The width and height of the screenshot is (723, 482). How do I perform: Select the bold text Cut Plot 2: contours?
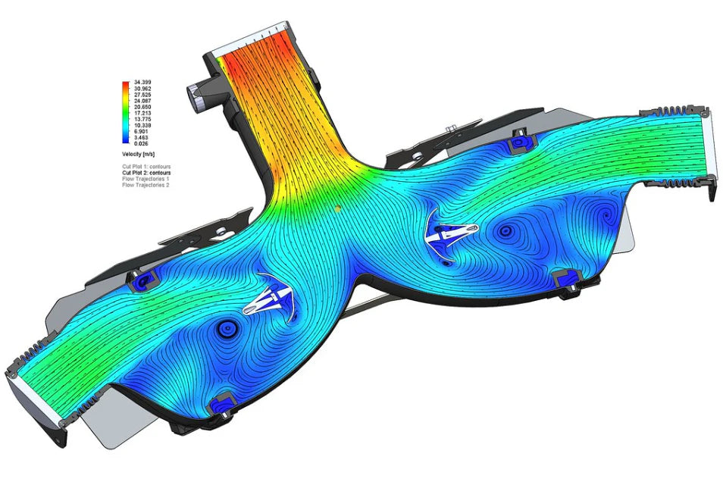point(152,173)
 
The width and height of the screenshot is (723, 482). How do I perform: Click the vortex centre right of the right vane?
point(505,230)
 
